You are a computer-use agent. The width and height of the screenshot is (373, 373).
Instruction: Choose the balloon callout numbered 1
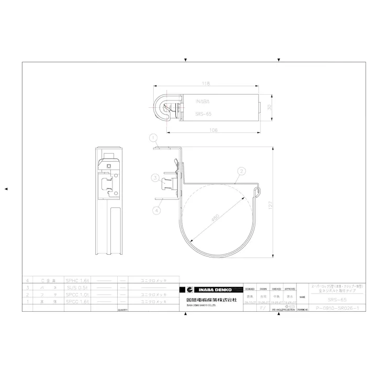[153, 138]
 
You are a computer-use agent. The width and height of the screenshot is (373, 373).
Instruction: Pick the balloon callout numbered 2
[241, 171]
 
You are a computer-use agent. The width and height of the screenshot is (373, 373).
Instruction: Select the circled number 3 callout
[156, 178]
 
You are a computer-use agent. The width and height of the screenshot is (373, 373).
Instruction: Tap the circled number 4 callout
[156, 211]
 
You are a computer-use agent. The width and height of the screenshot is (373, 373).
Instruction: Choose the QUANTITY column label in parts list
[122, 310]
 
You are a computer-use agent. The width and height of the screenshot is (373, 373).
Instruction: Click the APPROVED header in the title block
[290, 289]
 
